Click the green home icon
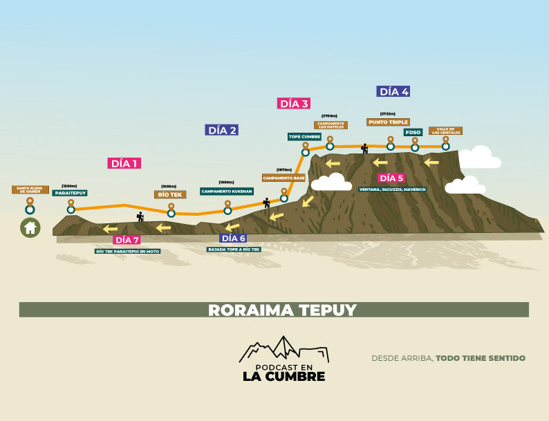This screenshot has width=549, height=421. click(30, 227)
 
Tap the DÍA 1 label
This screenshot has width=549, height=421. click(124, 163)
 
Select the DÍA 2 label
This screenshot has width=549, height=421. click(222, 130)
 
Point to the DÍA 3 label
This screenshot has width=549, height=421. click(293, 104)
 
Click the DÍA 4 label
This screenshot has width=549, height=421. click(394, 91)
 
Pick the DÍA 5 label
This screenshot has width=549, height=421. click(391, 178)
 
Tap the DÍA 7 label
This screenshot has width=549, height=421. click(127, 240)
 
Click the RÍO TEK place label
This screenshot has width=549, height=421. click(170, 195)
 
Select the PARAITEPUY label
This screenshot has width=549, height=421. click(70, 194)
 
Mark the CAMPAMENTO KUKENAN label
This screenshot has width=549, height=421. click(226, 191)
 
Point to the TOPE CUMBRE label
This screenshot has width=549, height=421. click(304, 137)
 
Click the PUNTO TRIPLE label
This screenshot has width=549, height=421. click(388, 122)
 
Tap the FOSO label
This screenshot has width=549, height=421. click(413, 132)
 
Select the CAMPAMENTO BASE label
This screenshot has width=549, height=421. click(283, 178)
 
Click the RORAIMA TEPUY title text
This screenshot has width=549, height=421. click(274, 310)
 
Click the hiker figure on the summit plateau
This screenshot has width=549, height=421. click(364, 148)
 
